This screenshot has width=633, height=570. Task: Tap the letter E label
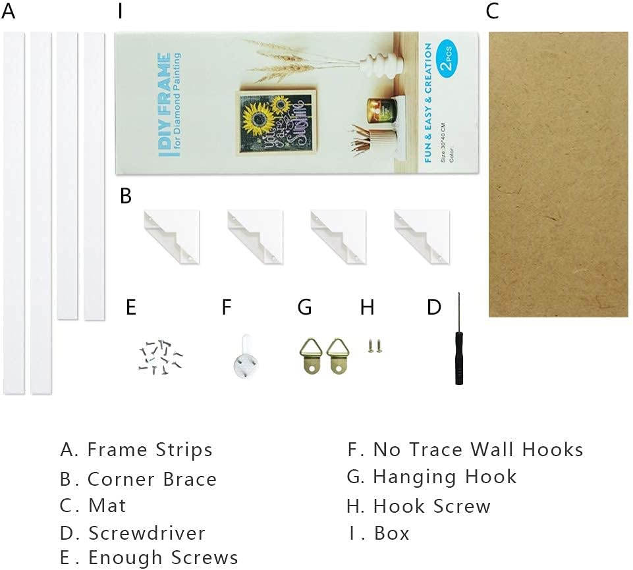pyautogui.click(x=130, y=307)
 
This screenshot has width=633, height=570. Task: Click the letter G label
pyautogui.click(x=304, y=307)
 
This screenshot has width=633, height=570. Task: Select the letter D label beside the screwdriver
pyautogui.click(x=433, y=307)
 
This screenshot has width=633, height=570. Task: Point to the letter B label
pyautogui.click(x=126, y=197)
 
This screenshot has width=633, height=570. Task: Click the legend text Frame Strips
pyautogui.click(x=150, y=450)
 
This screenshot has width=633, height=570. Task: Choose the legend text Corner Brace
pyautogui.click(x=151, y=479)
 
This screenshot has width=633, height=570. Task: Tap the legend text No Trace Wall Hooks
pyautogui.click(x=478, y=450)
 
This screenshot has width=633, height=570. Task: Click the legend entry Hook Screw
pyautogui.click(x=431, y=506)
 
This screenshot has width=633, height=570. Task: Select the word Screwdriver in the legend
pyautogui.click(x=147, y=532)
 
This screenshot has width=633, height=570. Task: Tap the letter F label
pyautogui.click(x=227, y=307)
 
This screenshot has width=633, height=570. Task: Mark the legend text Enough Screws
pyautogui.click(x=163, y=558)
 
